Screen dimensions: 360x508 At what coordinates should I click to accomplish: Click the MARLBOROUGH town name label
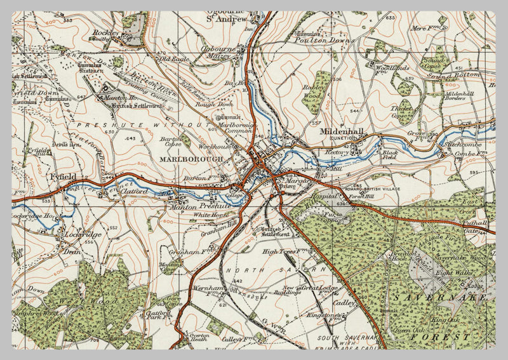192,159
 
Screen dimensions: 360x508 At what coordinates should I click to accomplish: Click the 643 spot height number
131,138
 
